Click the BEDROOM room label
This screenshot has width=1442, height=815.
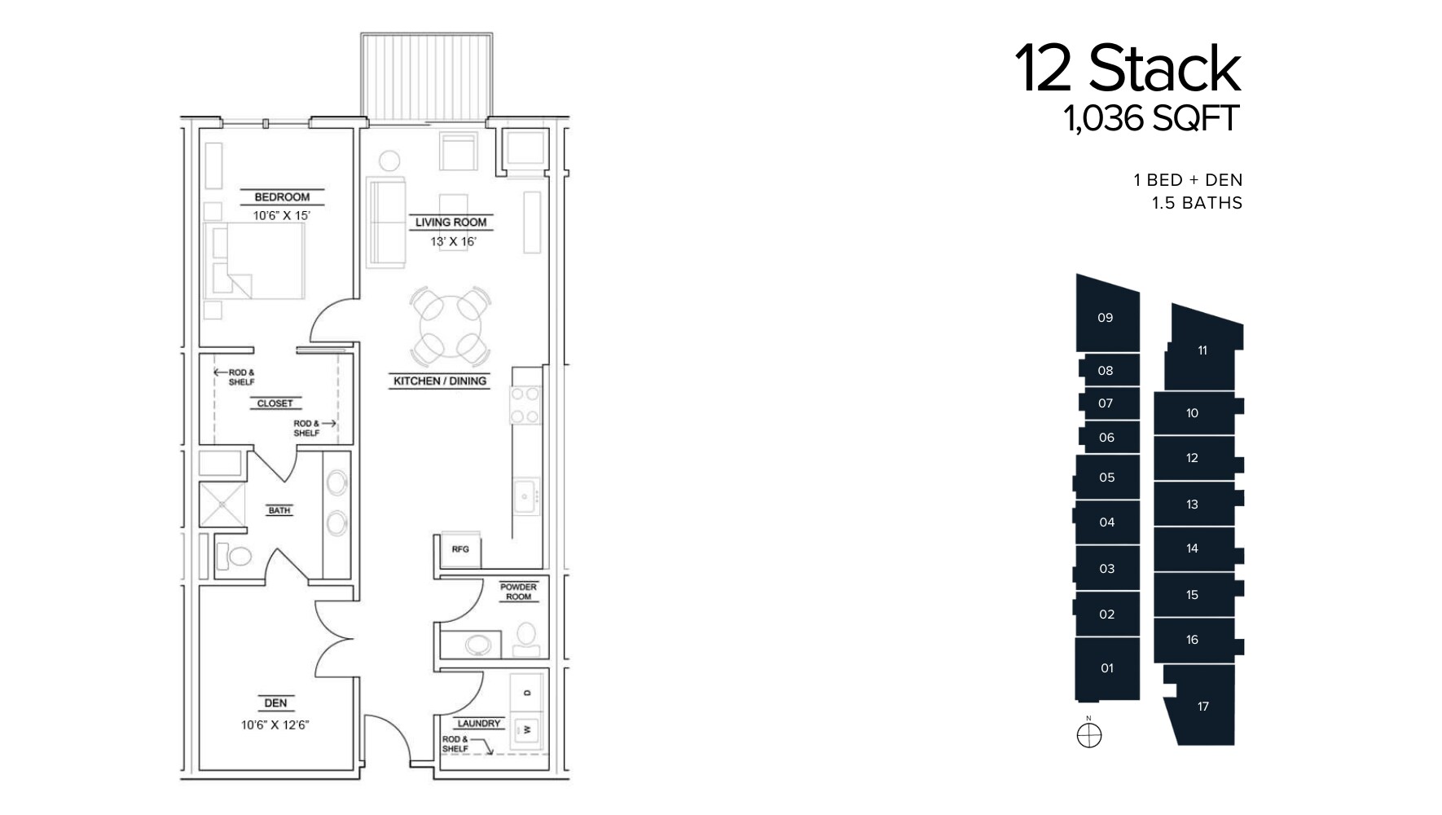282,197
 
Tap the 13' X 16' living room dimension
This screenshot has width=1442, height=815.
452,242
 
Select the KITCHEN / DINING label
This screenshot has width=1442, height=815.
440,381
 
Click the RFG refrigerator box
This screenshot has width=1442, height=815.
460,550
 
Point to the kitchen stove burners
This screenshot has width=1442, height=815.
525,405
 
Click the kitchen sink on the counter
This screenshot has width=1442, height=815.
526,496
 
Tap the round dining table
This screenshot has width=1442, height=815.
451,326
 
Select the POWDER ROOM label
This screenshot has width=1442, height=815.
518,592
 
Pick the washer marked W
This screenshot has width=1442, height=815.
527,730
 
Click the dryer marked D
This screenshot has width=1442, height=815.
527,693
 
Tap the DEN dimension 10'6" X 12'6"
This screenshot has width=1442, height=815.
275,725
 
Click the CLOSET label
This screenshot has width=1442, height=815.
275,403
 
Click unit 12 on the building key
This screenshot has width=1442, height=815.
1192,458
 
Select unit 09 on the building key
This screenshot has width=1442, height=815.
1105,318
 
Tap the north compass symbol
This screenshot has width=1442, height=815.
1088,736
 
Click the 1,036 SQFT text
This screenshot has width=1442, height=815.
1150,119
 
